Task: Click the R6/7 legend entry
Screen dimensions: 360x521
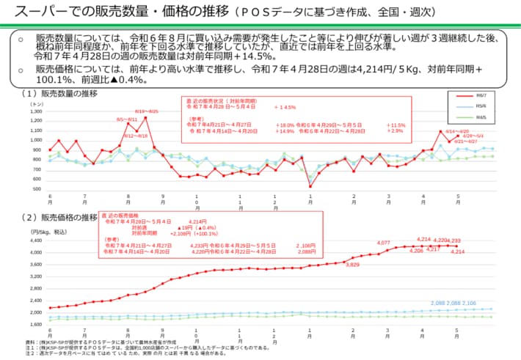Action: pyautogui.click(x=479, y=95)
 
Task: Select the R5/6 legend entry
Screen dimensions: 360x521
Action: pyautogui.click(x=479, y=106)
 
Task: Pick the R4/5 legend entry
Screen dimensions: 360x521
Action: pyautogui.click(x=479, y=117)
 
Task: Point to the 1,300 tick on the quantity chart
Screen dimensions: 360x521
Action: pyautogui.click(x=37, y=110)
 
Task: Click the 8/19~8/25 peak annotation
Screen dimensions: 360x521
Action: pyautogui.click(x=147, y=111)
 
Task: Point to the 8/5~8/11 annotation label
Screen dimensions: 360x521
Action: pyautogui.click(x=127, y=119)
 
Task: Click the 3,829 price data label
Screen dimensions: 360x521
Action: pyautogui.click(x=352, y=264)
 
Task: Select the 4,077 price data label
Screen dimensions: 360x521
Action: pyautogui.click(x=383, y=243)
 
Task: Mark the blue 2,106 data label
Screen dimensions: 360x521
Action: pyautogui.click(x=469, y=303)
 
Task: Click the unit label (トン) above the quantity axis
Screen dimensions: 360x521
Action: pyautogui.click(x=36, y=104)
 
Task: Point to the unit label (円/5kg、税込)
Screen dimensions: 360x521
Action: pyautogui.click(x=48, y=232)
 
